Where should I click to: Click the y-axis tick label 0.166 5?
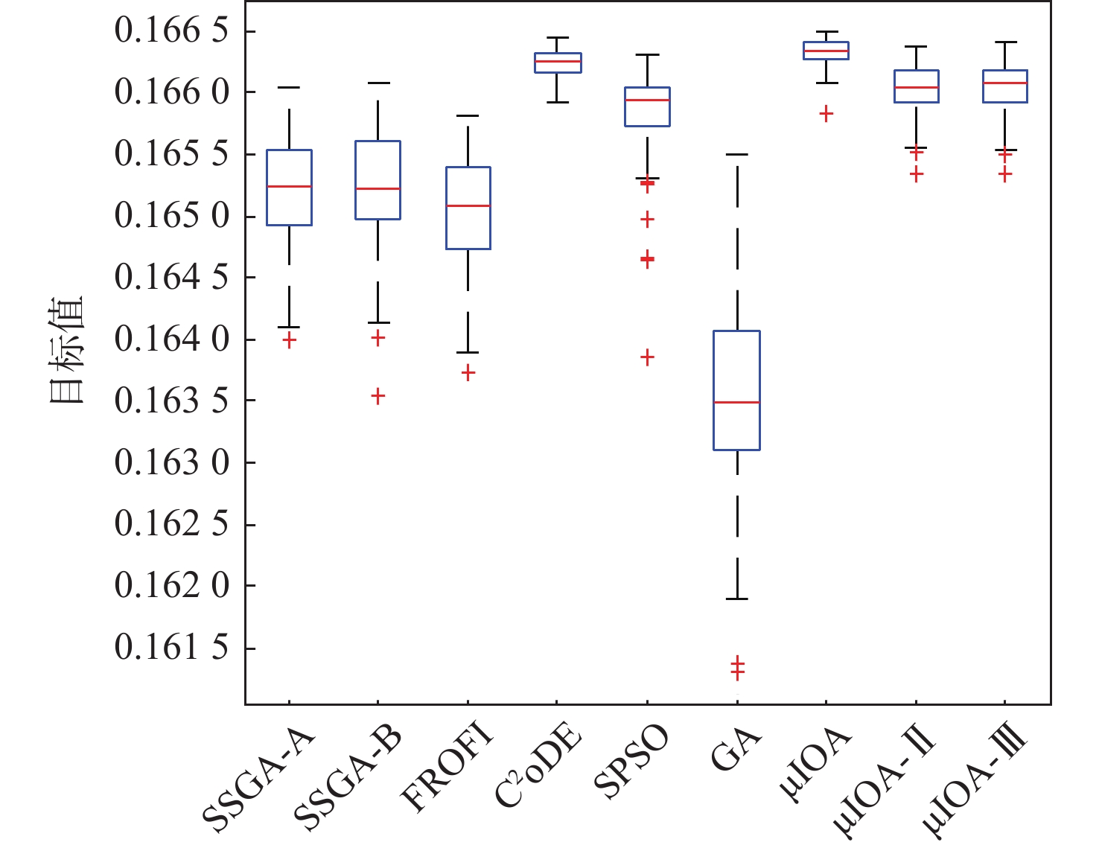click(171, 31)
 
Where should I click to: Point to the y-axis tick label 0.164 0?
click(171, 339)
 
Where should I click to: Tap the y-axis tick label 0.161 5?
click(171, 648)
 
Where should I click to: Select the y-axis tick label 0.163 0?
click(171, 462)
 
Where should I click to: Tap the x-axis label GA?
click(736, 748)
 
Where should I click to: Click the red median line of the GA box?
click(736, 402)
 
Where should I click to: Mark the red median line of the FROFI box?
click(468, 205)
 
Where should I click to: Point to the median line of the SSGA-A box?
click(289, 186)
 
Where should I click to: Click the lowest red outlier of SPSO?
click(647, 357)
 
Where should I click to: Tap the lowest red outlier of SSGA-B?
click(378, 396)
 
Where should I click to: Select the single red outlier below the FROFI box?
click(468, 373)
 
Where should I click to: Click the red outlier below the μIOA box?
click(826, 113)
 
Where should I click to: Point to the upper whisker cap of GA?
click(736, 154)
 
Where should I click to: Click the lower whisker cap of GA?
click(736, 599)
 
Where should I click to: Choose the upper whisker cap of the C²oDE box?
click(558, 37)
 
